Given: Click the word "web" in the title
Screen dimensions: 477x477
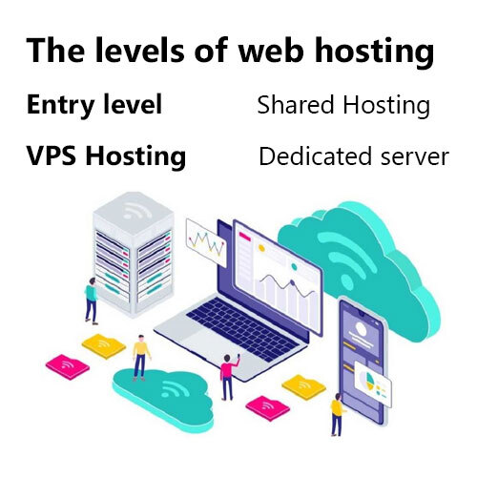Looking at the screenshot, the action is (x=271, y=51).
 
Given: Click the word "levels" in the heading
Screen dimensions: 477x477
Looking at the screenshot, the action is (x=139, y=51).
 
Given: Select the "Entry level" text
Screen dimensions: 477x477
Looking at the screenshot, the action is (x=94, y=104).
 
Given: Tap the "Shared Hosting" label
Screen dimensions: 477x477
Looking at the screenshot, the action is (x=343, y=105).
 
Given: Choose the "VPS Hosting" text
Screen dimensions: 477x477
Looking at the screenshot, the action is (x=106, y=156).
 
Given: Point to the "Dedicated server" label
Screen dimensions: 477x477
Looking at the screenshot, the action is (x=354, y=156).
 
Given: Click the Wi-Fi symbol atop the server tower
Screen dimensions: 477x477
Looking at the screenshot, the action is (x=136, y=210).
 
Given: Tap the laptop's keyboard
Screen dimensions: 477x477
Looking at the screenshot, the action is (x=242, y=328).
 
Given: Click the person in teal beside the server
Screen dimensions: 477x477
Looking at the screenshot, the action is (x=92, y=301).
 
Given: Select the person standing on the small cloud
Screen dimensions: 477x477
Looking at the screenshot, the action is (x=141, y=358).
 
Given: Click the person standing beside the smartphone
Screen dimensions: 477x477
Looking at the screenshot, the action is (x=337, y=415).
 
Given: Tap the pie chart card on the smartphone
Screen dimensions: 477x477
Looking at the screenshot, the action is (x=373, y=384).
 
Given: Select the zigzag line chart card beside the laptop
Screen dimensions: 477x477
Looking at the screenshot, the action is (x=206, y=242).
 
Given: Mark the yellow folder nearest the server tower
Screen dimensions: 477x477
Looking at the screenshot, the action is (x=104, y=346).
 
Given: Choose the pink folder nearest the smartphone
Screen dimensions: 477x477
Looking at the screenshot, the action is (x=268, y=408).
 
